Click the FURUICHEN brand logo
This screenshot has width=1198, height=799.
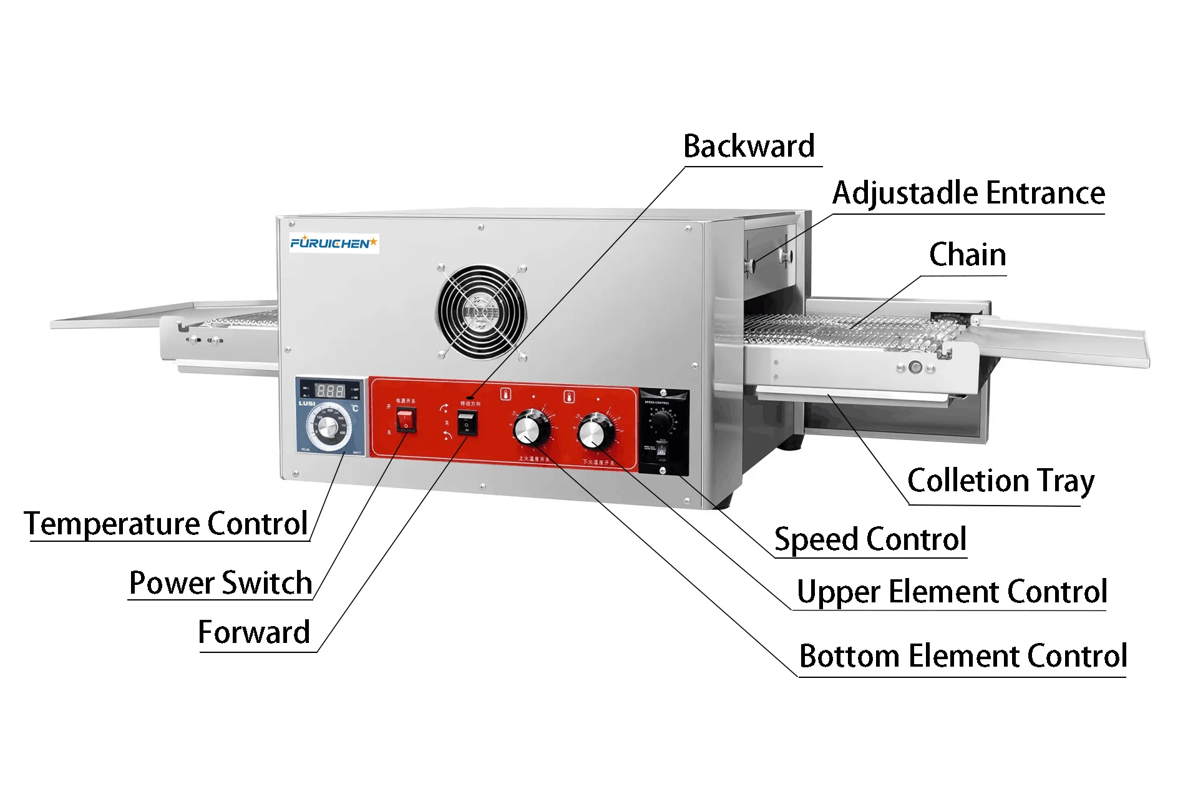(x=334, y=243)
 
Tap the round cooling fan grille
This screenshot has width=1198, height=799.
(x=481, y=310)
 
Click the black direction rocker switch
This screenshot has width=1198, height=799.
(x=467, y=424)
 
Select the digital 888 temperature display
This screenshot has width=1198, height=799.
(x=329, y=391)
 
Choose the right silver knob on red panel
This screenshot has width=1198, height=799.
(x=595, y=432)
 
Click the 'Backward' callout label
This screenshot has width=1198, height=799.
(x=749, y=147)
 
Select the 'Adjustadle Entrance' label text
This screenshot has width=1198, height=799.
(x=968, y=194)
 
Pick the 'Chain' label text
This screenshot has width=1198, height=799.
(x=967, y=255)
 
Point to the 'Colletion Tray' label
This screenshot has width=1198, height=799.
(x=1000, y=481)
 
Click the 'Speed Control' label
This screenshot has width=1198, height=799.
(x=870, y=540)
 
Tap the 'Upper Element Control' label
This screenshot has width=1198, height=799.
(x=952, y=592)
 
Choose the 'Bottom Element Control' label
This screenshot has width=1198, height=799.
(x=963, y=657)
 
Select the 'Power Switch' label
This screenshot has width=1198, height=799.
(x=220, y=584)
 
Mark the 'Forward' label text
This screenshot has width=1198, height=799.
(x=254, y=633)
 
